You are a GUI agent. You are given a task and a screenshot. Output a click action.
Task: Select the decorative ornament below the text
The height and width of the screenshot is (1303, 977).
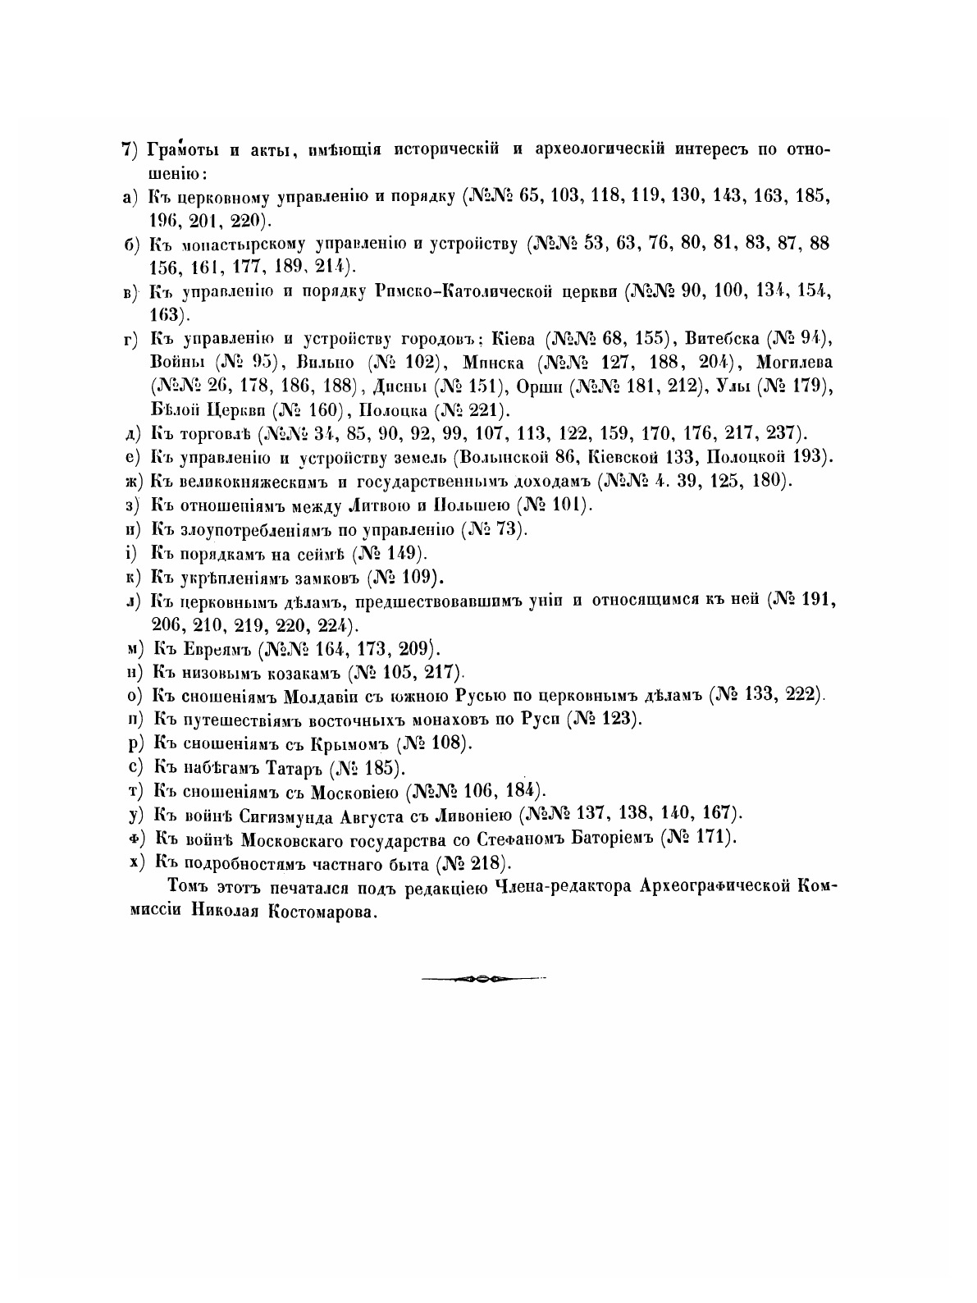(483, 978)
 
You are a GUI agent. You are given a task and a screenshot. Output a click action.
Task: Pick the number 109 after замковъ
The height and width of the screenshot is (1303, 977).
(418, 576)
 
